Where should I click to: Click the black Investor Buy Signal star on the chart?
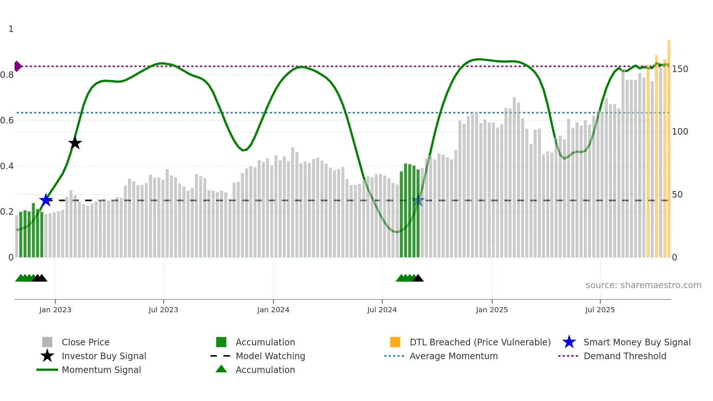click(x=75, y=143)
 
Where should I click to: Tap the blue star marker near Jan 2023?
click(x=46, y=200)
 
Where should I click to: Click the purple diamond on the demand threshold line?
click(x=17, y=66)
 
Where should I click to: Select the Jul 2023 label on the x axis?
click(x=163, y=310)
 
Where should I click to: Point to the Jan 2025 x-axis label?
click(x=492, y=310)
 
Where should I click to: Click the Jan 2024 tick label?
click(x=273, y=310)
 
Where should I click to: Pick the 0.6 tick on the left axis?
click(x=7, y=120)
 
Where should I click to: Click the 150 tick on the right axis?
click(x=680, y=69)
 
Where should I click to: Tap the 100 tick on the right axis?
click(x=680, y=132)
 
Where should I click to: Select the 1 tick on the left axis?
click(x=11, y=29)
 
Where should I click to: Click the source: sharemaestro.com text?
click(x=643, y=285)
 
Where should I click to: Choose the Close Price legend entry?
click(x=85, y=342)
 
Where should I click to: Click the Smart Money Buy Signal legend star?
click(x=569, y=342)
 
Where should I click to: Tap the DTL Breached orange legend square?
click(x=395, y=342)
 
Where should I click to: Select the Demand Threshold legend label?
click(x=625, y=356)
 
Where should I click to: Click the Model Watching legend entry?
click(x=270, y=356)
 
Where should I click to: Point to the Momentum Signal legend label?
click(x=101, y=370)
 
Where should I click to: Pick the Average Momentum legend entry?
click(x=454, y=356)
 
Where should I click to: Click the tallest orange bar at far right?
click(x=669, y=146)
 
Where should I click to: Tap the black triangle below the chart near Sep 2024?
click(x=418, y=278)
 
